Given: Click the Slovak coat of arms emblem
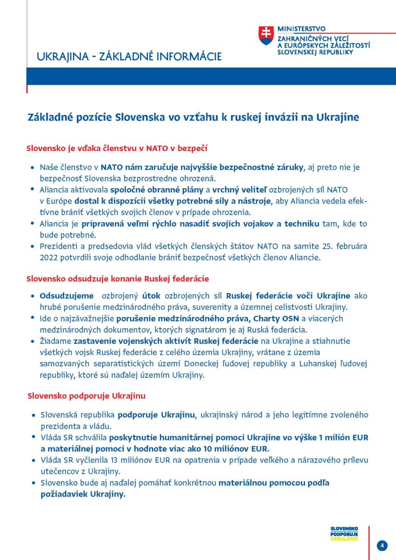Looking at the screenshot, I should (x=266, y=35).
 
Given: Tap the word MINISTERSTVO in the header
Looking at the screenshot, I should (x=301, y=29).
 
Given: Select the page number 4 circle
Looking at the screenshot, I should (x=382, y=546).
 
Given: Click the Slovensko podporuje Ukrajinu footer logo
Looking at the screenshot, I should (x=344, y=533).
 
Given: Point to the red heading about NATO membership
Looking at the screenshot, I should (x=117, y=148).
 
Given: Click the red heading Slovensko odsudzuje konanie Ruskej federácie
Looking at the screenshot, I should (x=118, y=279).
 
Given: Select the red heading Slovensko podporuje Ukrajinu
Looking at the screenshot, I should (x=86, y=396).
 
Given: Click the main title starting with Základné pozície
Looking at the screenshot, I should (x=193, y=117).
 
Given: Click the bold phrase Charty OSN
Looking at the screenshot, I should (x=275, y=318).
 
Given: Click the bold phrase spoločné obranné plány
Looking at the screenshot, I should (x=156, y=189).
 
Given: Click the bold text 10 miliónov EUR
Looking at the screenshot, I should (x=234, y=449).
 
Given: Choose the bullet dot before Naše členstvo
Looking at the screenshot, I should (x=32, y=167).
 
